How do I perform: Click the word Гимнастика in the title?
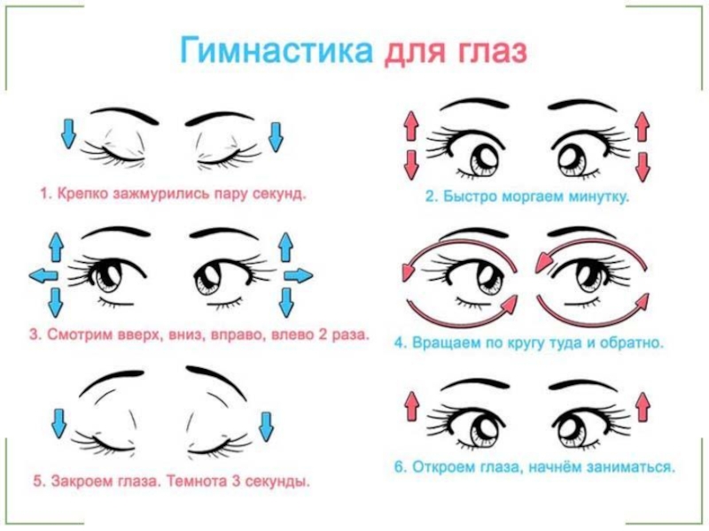[278, 50]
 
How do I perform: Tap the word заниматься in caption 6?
[634, 464]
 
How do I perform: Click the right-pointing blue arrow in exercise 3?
[299, 276]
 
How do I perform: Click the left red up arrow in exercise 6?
[411, 405]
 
